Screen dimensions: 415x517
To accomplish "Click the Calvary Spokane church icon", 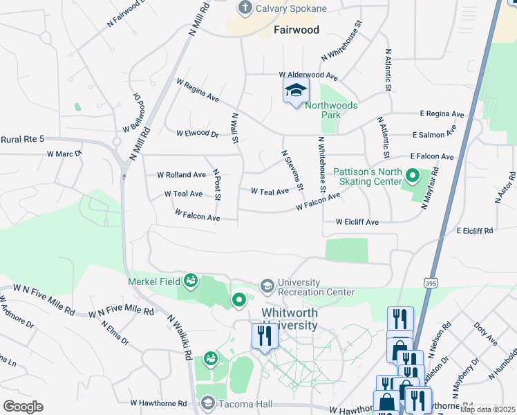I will [244, 8].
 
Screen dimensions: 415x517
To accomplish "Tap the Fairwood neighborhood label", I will [296, 30].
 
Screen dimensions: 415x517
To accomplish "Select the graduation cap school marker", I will [296, 91].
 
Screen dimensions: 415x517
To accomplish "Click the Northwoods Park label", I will [332, 110].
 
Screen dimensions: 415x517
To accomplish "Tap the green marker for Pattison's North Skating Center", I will [413, 176].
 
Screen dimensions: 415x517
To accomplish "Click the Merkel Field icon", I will [191, 281].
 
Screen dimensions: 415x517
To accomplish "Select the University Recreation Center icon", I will [267, 286].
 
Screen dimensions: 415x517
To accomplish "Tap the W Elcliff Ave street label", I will [357, 222].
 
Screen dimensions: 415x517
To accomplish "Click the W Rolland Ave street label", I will [182, 175].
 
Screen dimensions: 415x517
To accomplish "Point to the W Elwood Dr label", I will [197, 133].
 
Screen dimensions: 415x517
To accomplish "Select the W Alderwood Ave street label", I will [308, 75].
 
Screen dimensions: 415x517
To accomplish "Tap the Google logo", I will [22, 406].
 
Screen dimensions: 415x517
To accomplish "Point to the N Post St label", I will [216, 184].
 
